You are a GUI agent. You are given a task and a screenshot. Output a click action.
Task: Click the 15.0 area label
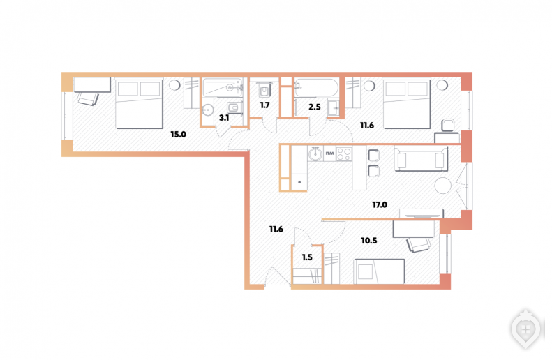tap(178, 135)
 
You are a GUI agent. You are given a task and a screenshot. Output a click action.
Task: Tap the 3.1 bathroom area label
tap(224, 118)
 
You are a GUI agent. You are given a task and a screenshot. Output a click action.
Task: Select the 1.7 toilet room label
tap(264, 105)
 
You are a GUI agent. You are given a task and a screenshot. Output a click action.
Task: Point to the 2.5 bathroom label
tap(314, 107)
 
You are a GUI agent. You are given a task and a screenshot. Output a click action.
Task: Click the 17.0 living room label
tap(380, 205)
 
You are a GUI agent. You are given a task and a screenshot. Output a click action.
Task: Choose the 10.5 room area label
tap(369, 241)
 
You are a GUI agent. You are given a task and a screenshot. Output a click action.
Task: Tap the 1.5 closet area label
tap(307, 257)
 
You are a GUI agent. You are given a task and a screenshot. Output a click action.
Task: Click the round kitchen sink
tap(315, 153)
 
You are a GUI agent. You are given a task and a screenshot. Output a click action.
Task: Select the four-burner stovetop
tap(343, 153)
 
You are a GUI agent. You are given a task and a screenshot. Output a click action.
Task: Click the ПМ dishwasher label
tap(329, 153)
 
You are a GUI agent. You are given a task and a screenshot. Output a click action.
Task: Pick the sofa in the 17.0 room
tap(421, 158)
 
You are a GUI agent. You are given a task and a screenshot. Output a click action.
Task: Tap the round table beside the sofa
tap(443, 186)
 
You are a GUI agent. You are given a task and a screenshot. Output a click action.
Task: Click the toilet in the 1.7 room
tap(264, 90)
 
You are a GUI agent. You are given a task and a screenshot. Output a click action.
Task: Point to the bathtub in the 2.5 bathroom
tap(316, 88)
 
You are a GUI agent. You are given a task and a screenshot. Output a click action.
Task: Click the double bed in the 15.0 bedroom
tap(140, 103)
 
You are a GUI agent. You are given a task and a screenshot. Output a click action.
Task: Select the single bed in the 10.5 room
tap(379, 271)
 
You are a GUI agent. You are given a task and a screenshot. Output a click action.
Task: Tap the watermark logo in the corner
tap(525, 329)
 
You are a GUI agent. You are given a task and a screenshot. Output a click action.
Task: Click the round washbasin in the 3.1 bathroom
tap(207, 110)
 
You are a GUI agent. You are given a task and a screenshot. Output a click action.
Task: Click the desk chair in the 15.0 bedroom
tap(88, 98)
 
